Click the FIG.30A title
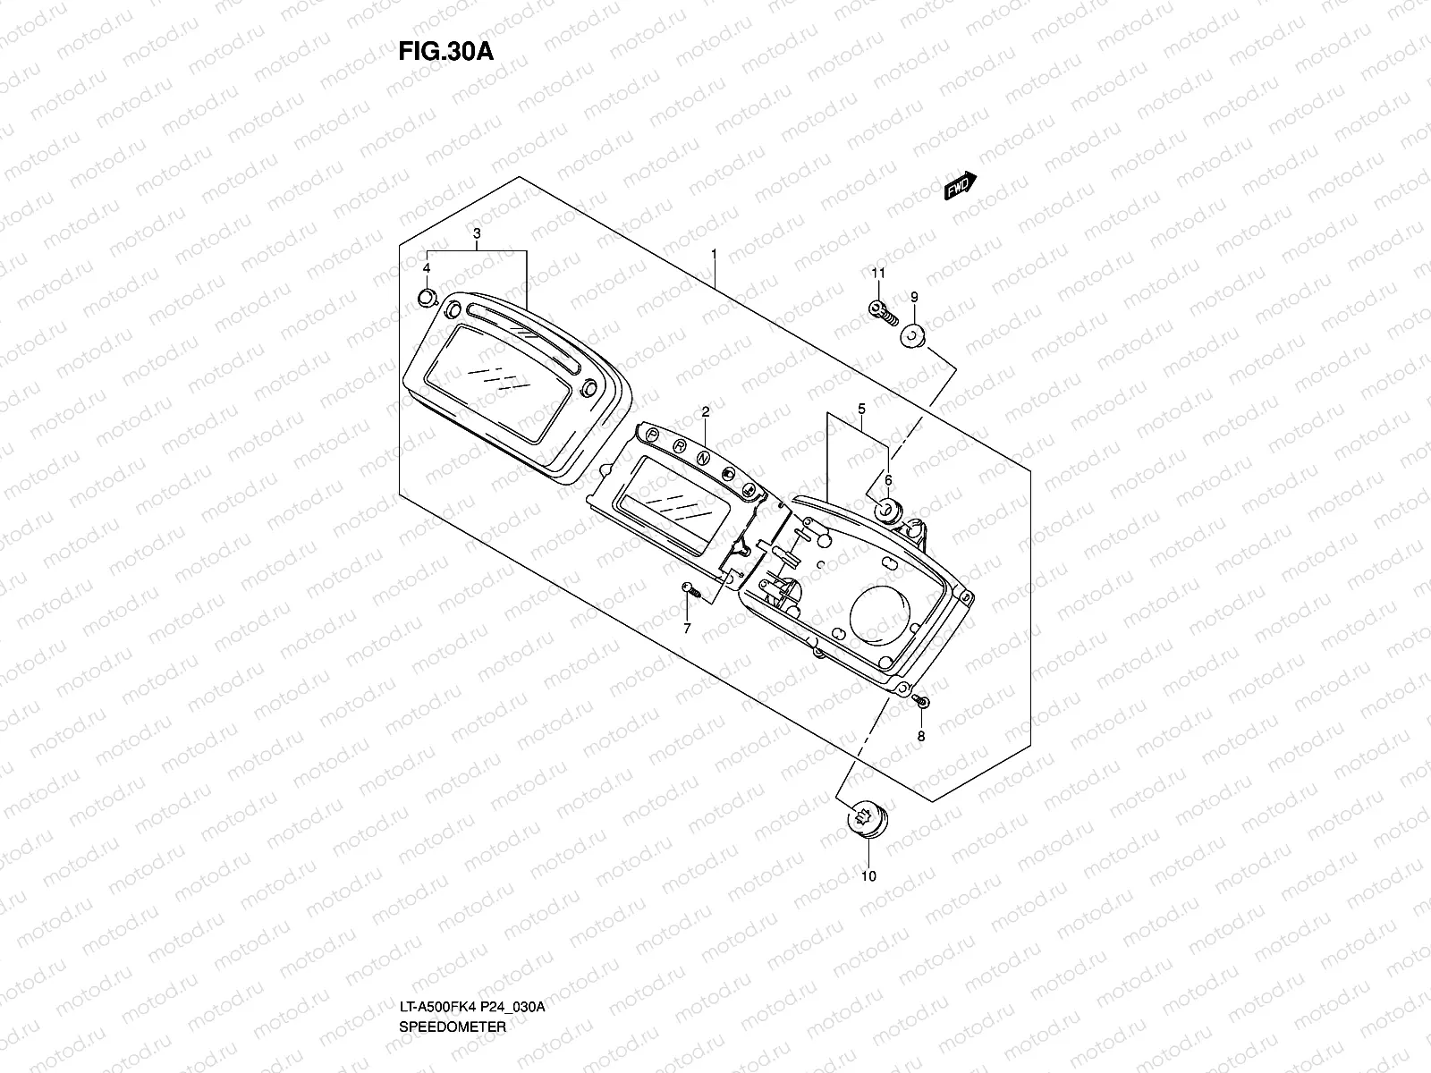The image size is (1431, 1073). click(x=445, y=51)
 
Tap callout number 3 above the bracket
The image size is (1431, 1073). click(x=477, y=233)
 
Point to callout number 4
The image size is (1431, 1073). click(x=427, y=267)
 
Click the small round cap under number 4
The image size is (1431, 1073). click(x=427, y=297)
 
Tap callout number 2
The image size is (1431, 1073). click(x=705, y=411)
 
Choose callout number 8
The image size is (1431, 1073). click(x=921, y=737)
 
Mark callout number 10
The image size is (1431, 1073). click(x=868, y=875)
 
